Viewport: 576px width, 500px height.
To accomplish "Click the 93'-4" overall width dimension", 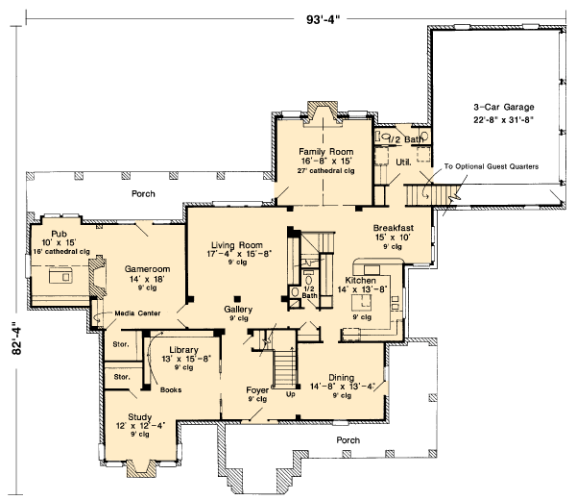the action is [x=321, y=19].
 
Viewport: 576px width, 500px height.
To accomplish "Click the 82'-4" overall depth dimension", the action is [x=17, y=338].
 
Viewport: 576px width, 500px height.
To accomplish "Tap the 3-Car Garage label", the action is [x=504, y=107].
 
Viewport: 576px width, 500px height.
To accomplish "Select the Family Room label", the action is [x=325, y=151].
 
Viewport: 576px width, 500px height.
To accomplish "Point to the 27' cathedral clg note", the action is [x=325, y=171].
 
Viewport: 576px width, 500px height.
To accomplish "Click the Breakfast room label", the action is [x=393, y=228].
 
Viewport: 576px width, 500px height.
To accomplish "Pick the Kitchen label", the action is [x=360, y=281].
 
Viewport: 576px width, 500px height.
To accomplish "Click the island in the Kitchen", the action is [x=362, y=304].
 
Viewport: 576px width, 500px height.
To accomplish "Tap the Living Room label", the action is [x=237, y=245].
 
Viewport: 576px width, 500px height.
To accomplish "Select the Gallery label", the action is [x=238, y=310].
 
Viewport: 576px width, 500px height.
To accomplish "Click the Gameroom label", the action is [x=147, y=269].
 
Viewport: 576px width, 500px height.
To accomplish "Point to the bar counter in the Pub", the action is [x=60, y=276].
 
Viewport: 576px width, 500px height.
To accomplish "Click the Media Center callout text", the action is [x=137, y=313].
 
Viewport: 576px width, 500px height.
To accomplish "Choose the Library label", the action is [x=183, y=350].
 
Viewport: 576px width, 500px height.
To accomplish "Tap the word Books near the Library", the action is [x=171, y=390].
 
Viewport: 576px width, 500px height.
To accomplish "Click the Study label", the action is [x=139, y=417].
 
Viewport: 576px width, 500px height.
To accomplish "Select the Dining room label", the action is [x=341, y=378].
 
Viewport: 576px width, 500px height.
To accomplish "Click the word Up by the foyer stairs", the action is [x=290, y=395].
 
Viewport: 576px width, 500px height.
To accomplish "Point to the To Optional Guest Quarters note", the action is [x=492, y=166].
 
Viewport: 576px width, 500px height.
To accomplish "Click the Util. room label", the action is [x=403, y=162].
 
